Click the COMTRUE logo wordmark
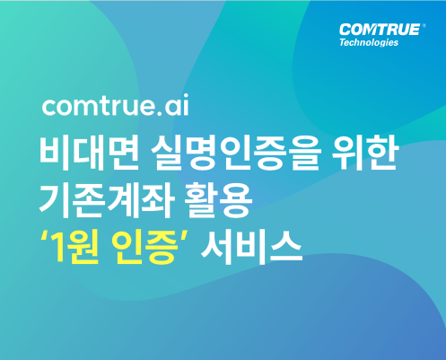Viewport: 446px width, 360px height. (380, 30)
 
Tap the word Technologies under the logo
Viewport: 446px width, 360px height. (369, 42)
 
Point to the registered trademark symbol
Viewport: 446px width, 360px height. (424, 26)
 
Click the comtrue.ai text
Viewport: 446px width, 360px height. (116, 105)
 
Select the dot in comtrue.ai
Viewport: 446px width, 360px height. (159, 113)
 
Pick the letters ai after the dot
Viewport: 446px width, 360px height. (177, 105)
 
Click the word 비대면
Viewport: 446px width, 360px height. (89, 154)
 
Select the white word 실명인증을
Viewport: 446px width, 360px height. (236, 154)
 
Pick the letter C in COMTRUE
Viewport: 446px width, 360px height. (345, 30)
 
